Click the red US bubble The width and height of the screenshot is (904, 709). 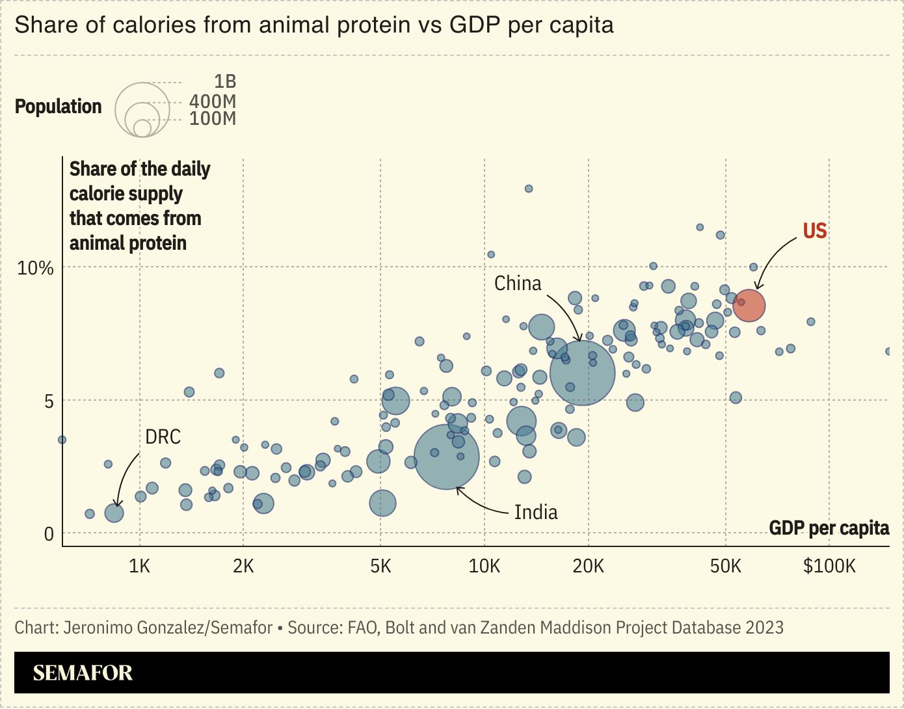(749, 306)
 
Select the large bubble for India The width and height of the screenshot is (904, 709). (447, 457)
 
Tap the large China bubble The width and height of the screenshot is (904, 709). (582, 373)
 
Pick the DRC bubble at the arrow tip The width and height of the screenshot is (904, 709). (114, 513)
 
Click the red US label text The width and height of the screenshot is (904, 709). (814, 231)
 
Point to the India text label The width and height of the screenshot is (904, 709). (536, 513)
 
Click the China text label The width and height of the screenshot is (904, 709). (518, 284)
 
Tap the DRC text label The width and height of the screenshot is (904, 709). (163, 437)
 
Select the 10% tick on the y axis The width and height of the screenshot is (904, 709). (35, 268)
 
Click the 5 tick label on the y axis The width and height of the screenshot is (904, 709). (49, 401)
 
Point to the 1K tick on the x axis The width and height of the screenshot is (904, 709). (139, 567)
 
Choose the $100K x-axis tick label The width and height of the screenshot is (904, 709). (829, 567)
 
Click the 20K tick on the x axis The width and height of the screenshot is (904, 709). (588, 567)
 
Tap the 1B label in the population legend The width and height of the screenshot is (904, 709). (225, 82)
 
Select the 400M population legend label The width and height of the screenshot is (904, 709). (213, 101)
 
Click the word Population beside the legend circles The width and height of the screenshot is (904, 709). (58, 107)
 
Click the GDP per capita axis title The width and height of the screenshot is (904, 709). (829, 528)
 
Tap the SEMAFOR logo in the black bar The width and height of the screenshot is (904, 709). (83, 673)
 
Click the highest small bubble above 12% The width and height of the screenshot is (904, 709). (529, 189)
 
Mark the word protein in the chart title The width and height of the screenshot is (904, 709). (367, 25)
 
